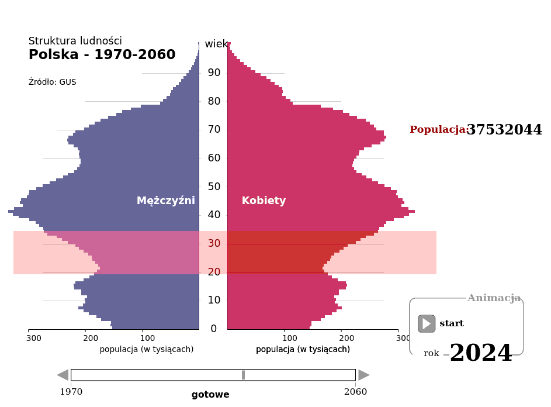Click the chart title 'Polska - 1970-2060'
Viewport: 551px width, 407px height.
(102, 55)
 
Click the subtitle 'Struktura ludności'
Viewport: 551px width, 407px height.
(75, 41)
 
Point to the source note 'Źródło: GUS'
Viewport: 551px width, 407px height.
(52, 82)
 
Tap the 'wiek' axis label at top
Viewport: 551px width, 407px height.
(216, 44)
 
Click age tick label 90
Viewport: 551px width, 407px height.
(213, 73)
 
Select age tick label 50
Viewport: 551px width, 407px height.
(213, 187)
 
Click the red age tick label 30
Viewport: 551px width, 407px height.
(213, 244)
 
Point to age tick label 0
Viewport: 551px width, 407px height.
(213, 329)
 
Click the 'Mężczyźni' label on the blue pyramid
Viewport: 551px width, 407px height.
(165, 201)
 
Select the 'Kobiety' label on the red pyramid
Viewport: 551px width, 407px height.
(264, 201)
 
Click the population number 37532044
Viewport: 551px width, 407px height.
(504, 130)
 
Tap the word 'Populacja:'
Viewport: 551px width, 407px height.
(438, 130)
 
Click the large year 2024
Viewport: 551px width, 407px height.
(480, 354)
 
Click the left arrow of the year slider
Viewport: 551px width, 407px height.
(63, 375)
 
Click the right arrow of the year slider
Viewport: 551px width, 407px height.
(364, 375)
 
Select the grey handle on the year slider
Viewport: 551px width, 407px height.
(243, 375)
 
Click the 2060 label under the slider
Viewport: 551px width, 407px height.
(355, 392)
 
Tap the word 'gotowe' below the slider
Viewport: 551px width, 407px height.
(210, 395)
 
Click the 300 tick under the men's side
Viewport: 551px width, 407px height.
(34, 338)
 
